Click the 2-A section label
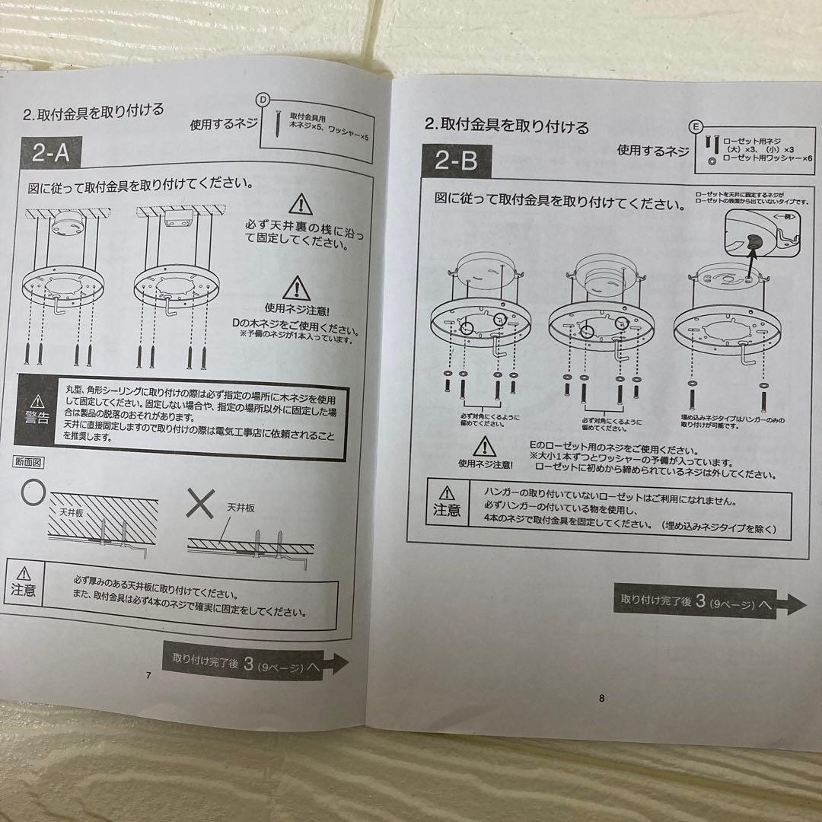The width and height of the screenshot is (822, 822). point(50,154)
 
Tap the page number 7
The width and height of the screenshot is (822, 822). point(148,675)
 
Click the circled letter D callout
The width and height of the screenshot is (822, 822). point(263,100)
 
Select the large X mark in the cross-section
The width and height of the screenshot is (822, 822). point(201,505)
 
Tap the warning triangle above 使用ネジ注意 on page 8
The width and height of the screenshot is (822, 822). point(485,445)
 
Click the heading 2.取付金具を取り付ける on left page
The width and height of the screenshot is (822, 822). point(93,112)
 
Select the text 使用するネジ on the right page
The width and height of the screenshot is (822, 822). point(652,151)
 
